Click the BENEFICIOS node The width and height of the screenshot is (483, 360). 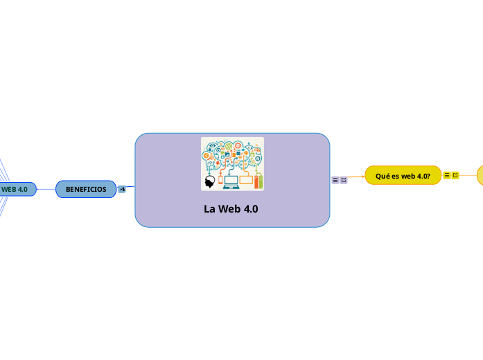(86, 189)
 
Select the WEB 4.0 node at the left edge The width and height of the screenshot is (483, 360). (16, 189)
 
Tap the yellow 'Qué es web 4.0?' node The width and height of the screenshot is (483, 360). (403, 176)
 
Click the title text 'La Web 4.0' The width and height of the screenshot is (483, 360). (231, 209)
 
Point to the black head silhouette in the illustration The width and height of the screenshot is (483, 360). (209, 181)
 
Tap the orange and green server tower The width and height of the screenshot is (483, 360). (258, 182)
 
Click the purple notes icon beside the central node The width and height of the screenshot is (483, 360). (335, 180)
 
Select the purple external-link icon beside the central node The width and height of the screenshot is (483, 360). (344, 180)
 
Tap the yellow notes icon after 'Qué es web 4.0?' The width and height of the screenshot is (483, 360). (447, 175)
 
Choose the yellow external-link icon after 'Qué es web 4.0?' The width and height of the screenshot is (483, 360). (455, 175)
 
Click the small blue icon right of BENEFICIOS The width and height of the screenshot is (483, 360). (122, 189)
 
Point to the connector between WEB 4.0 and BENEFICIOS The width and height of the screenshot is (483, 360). (46, 189)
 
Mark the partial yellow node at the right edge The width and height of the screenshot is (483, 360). (480, 175)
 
